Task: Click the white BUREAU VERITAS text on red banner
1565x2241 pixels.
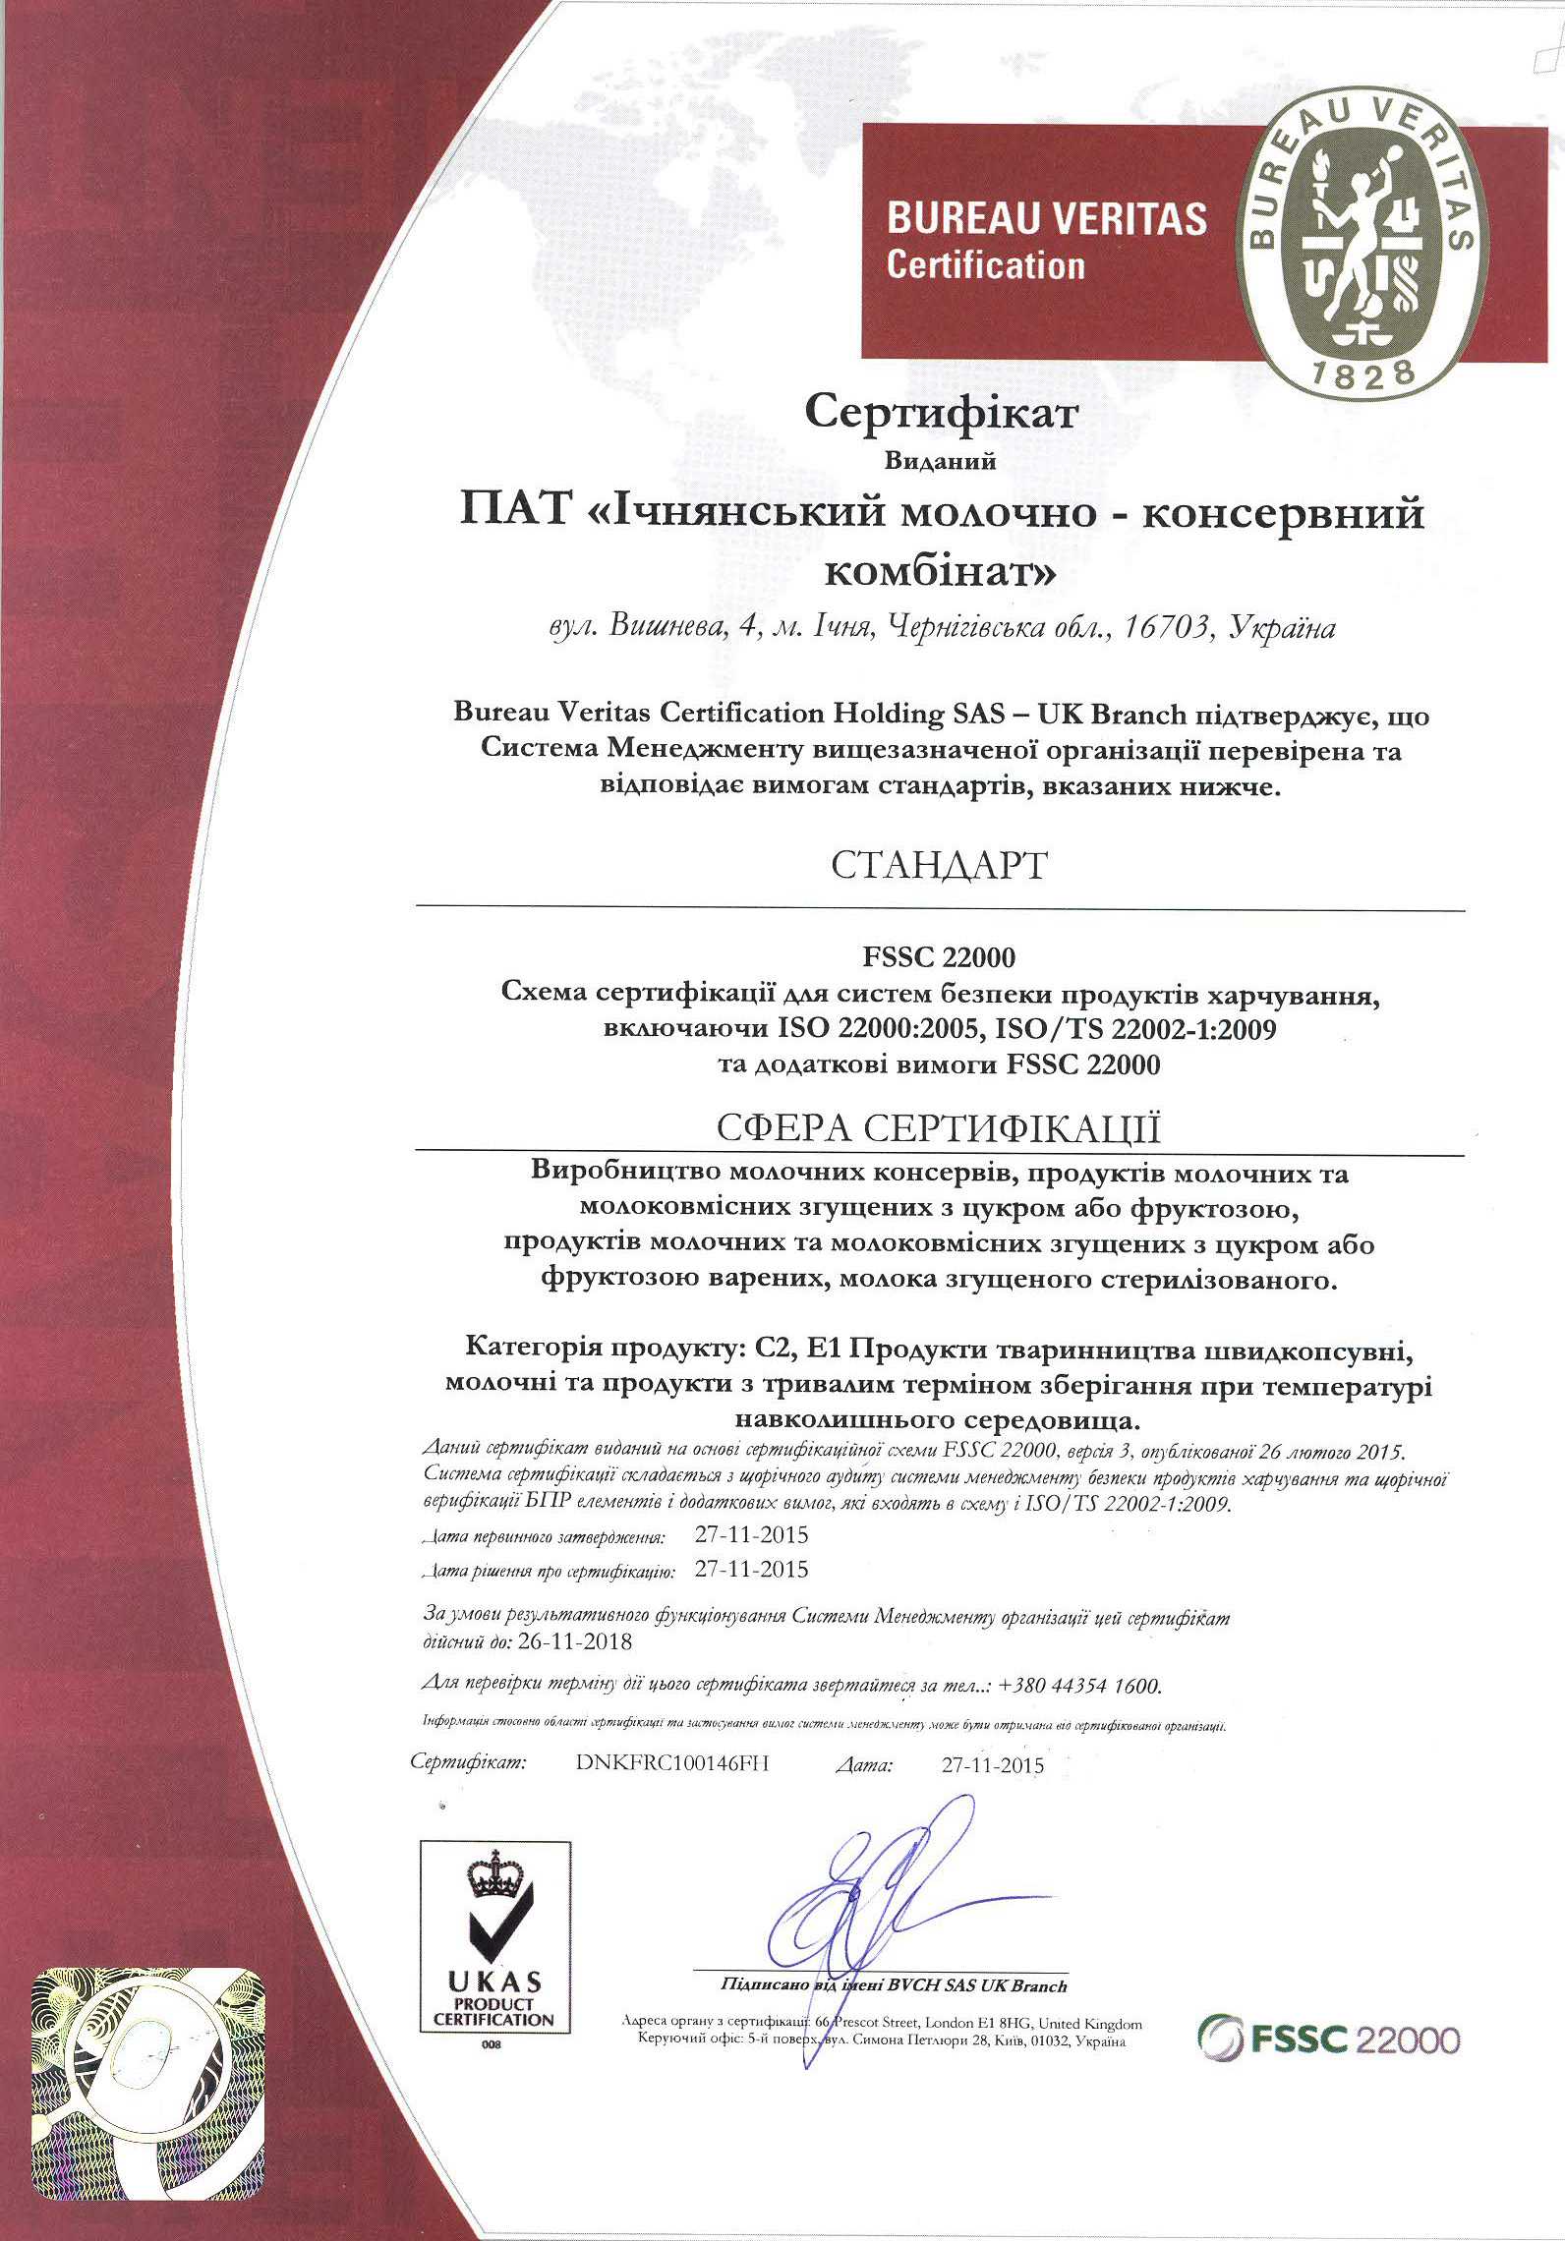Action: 1047,218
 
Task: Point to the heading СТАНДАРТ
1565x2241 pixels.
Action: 940,865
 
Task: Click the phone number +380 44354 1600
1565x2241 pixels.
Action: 1079,1686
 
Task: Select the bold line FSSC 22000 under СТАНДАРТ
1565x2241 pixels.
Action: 940,956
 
